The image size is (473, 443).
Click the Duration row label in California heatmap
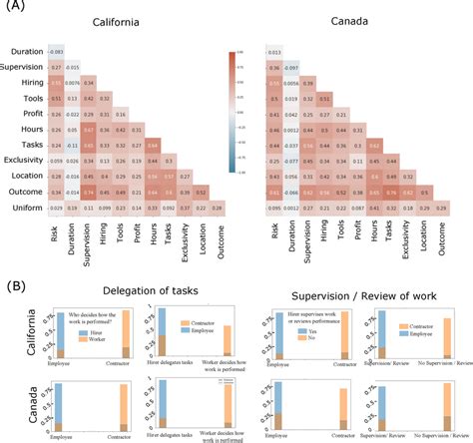pos(22,51)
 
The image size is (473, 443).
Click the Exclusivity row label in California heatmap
pos(19,160)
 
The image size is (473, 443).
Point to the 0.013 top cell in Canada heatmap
pos(275,51)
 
